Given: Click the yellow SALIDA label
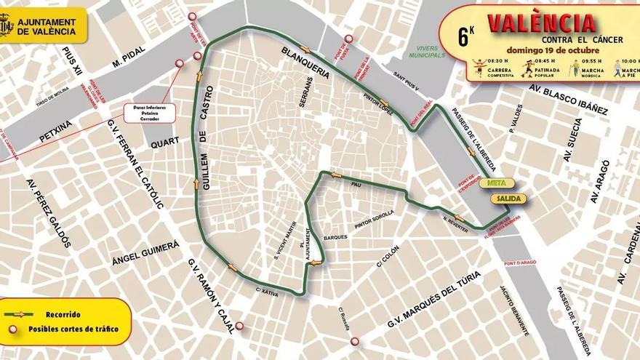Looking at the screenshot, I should click(x=507, y=198).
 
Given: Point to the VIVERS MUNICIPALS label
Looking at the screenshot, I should click(x=425, y=52).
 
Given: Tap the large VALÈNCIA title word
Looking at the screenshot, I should click(x=542, y=23).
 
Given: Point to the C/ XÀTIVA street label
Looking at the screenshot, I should click(x=268, y=291).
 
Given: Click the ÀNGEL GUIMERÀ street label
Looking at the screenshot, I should click(x=145, y=254).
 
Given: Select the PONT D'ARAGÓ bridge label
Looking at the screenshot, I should click(x=519, y=263).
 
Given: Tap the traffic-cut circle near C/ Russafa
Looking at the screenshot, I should click(x=354, y=341).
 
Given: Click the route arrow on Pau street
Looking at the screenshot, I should click(x=335, y=175).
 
